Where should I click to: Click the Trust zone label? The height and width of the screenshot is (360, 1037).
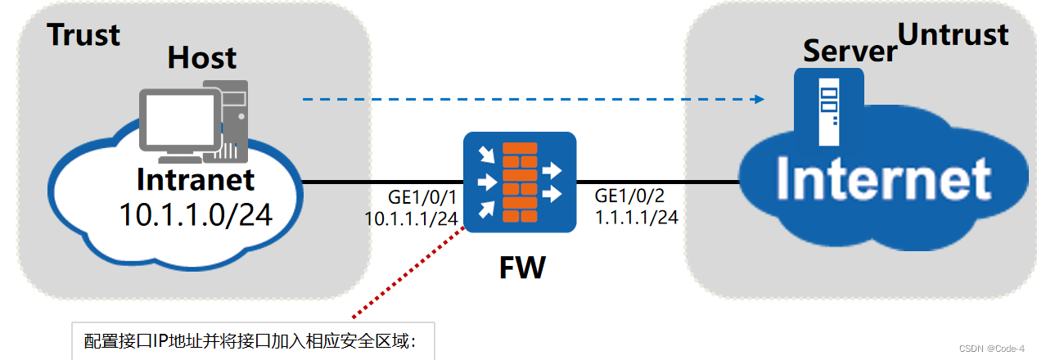[83, 34]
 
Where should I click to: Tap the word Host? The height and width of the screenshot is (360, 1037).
[201, 57]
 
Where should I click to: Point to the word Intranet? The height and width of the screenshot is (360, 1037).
[196, 179]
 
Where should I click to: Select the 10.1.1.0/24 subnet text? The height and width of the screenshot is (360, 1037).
[196, 214]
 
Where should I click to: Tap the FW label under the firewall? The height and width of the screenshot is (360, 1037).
[521, 267]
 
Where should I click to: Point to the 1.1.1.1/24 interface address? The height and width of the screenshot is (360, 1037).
[636, 217]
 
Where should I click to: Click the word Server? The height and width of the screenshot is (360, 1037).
[849, 51]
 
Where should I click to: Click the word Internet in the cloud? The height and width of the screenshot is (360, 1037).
[883, 179]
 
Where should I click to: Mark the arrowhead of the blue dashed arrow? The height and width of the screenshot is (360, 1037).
[759, 99]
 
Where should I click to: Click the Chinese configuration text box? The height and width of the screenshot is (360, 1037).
[250, 341]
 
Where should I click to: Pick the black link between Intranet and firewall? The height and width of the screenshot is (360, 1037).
[381, 182]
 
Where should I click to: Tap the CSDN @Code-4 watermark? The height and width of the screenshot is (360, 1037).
[990, 349]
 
